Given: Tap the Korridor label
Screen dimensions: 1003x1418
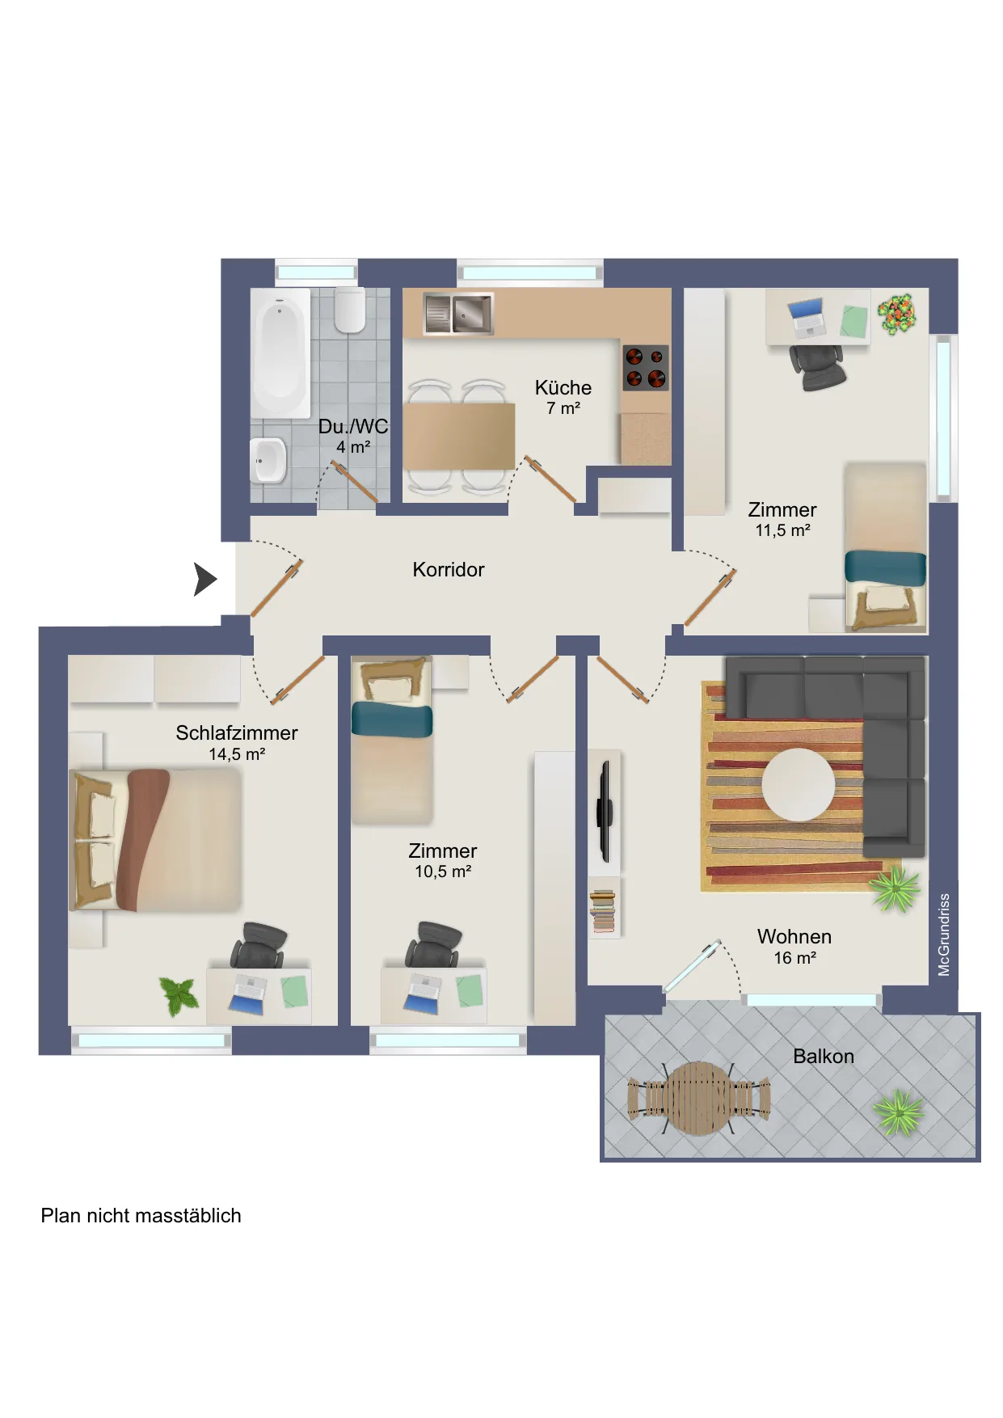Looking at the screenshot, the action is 449,569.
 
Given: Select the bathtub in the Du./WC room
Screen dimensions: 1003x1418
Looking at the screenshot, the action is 280,353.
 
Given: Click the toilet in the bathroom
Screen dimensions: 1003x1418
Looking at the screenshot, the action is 350,309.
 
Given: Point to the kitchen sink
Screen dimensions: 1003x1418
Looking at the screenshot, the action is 458,312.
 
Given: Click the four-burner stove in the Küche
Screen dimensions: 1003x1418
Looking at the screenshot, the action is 646,367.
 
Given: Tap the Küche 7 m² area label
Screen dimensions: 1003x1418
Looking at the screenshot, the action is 563,397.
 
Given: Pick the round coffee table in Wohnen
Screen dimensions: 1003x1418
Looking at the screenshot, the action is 799,784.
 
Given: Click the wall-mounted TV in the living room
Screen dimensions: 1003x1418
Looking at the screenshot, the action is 604,811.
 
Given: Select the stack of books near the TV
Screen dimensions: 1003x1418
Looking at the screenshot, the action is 603,910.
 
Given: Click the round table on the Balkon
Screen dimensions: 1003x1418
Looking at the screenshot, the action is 699,1098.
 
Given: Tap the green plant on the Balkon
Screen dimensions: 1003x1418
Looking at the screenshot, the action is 899,1112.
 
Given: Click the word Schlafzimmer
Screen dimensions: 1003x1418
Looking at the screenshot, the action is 237,732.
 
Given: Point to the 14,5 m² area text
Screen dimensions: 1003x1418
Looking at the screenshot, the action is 237,754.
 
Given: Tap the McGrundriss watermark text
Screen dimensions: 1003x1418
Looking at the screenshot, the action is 944,935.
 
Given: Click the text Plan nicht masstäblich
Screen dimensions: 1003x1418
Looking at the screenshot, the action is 141,1216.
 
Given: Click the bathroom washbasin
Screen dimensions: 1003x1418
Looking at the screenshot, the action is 268,460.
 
